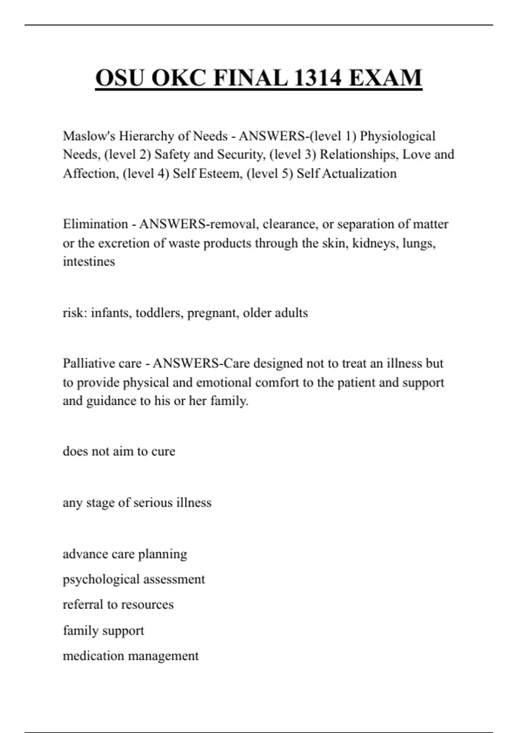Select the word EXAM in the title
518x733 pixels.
[x=385, y=78]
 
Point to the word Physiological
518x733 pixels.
[x=398, y=136]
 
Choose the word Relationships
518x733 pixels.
[x=359, y=154]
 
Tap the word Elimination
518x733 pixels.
[x=95, y=224]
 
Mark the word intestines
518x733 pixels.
[x=89, y=262]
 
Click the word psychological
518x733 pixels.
[x=101, y=580]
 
